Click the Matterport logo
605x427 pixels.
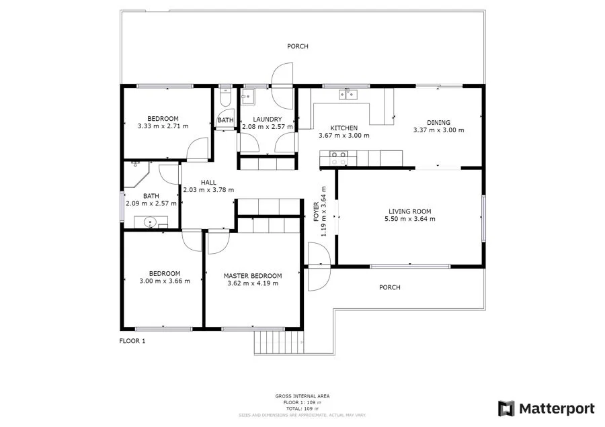tap(546, 408)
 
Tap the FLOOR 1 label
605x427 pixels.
tap(132, 341)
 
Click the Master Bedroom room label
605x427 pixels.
tap(253, 275)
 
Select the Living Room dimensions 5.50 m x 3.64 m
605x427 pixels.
tap(409, 219)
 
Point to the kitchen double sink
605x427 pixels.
tap(349, 95)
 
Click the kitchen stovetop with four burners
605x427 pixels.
tap(338, 158)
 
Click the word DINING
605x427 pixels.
tap(438, 122)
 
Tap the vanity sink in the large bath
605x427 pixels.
tap(150, 222)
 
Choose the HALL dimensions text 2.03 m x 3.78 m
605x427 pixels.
tap(208, 190)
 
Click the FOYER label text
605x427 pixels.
tap(317, 211)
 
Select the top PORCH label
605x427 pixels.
tap(297, 46)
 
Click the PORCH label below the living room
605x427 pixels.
tap(389, 287)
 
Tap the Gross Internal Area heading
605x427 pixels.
tap(302, 396)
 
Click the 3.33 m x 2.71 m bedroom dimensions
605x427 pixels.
tap(163, 126)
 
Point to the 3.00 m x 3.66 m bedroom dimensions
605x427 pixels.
tap(165, 281)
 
